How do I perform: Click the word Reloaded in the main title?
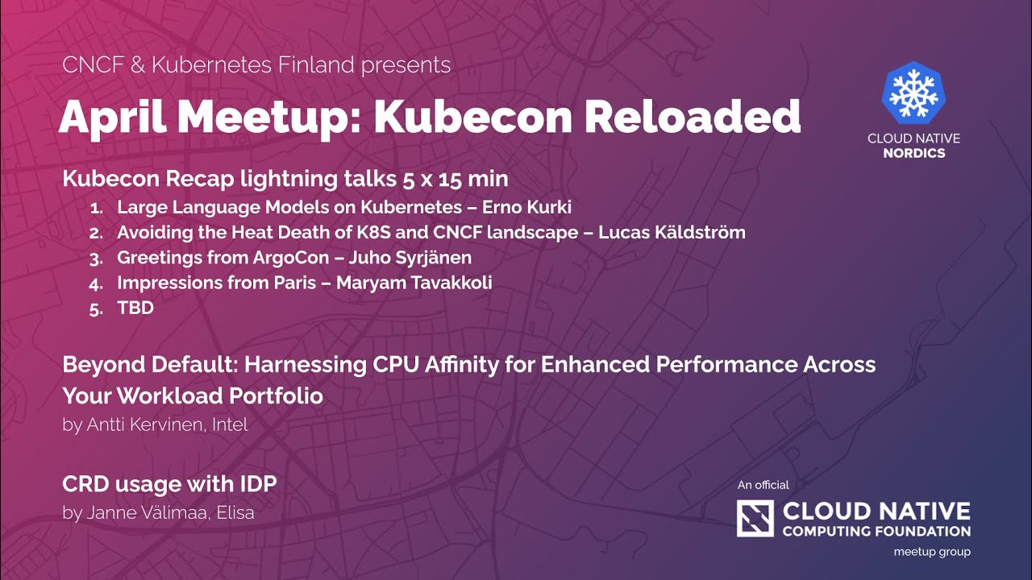[x=692, y=118]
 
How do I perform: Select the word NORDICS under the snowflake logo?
[x=913, y=153]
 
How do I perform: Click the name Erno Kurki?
[x=526, y=207]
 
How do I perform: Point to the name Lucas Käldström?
[x=672, y=233]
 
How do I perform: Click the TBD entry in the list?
[x=135, y=308]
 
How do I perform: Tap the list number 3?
[x=97, y=259]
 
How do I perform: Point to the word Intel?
[x=230, y=425]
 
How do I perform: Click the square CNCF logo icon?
[x=755, y=518]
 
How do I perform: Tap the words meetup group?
[x=932, y=552]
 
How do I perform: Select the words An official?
[x=763, y=485]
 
